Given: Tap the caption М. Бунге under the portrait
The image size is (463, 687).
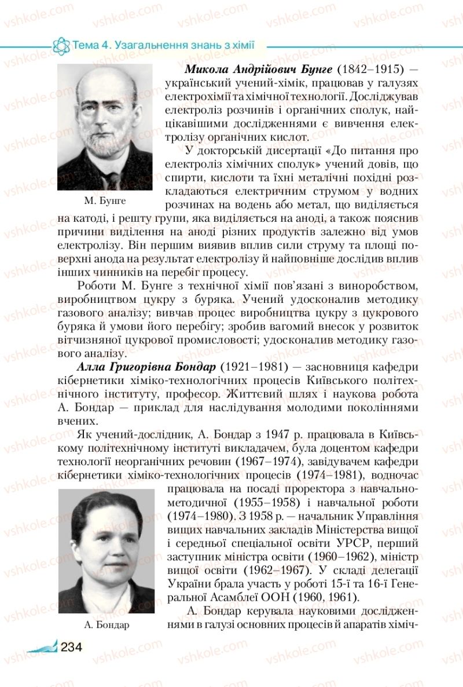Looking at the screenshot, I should (x=105, y=201).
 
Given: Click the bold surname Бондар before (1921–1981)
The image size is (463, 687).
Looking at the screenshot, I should (x=192, y=367).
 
